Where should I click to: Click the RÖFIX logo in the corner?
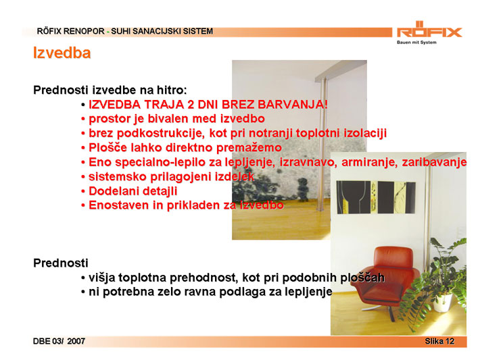[429, 29]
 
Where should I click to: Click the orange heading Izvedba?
[62, 53]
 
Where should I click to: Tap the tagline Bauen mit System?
[416, 43]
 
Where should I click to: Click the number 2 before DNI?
[191, 105]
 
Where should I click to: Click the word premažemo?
[249, 148]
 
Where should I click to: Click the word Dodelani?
[114, 191]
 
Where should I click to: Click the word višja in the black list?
[101, 278]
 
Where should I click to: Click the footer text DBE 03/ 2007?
[59, 341]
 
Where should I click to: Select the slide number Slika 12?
[439, 341]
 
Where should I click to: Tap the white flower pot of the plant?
[443, 303]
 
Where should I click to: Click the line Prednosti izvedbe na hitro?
[110, 91]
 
